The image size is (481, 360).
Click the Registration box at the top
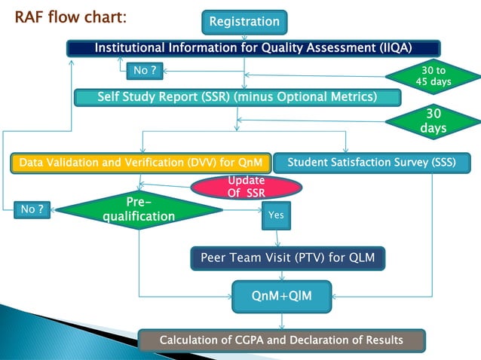(244, 22)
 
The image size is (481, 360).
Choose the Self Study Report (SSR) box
(237, 97)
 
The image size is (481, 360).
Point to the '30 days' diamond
(434, 121)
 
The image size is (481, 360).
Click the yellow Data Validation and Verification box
(139, 162)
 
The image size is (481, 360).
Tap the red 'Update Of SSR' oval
(246, 187)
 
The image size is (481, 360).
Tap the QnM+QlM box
(281, 297)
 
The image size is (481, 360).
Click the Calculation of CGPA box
(281, 340)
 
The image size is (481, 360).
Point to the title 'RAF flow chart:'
(71, 16)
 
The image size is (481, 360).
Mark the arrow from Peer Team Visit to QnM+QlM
(281, 276)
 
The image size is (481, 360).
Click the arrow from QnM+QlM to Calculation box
(281, 321)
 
